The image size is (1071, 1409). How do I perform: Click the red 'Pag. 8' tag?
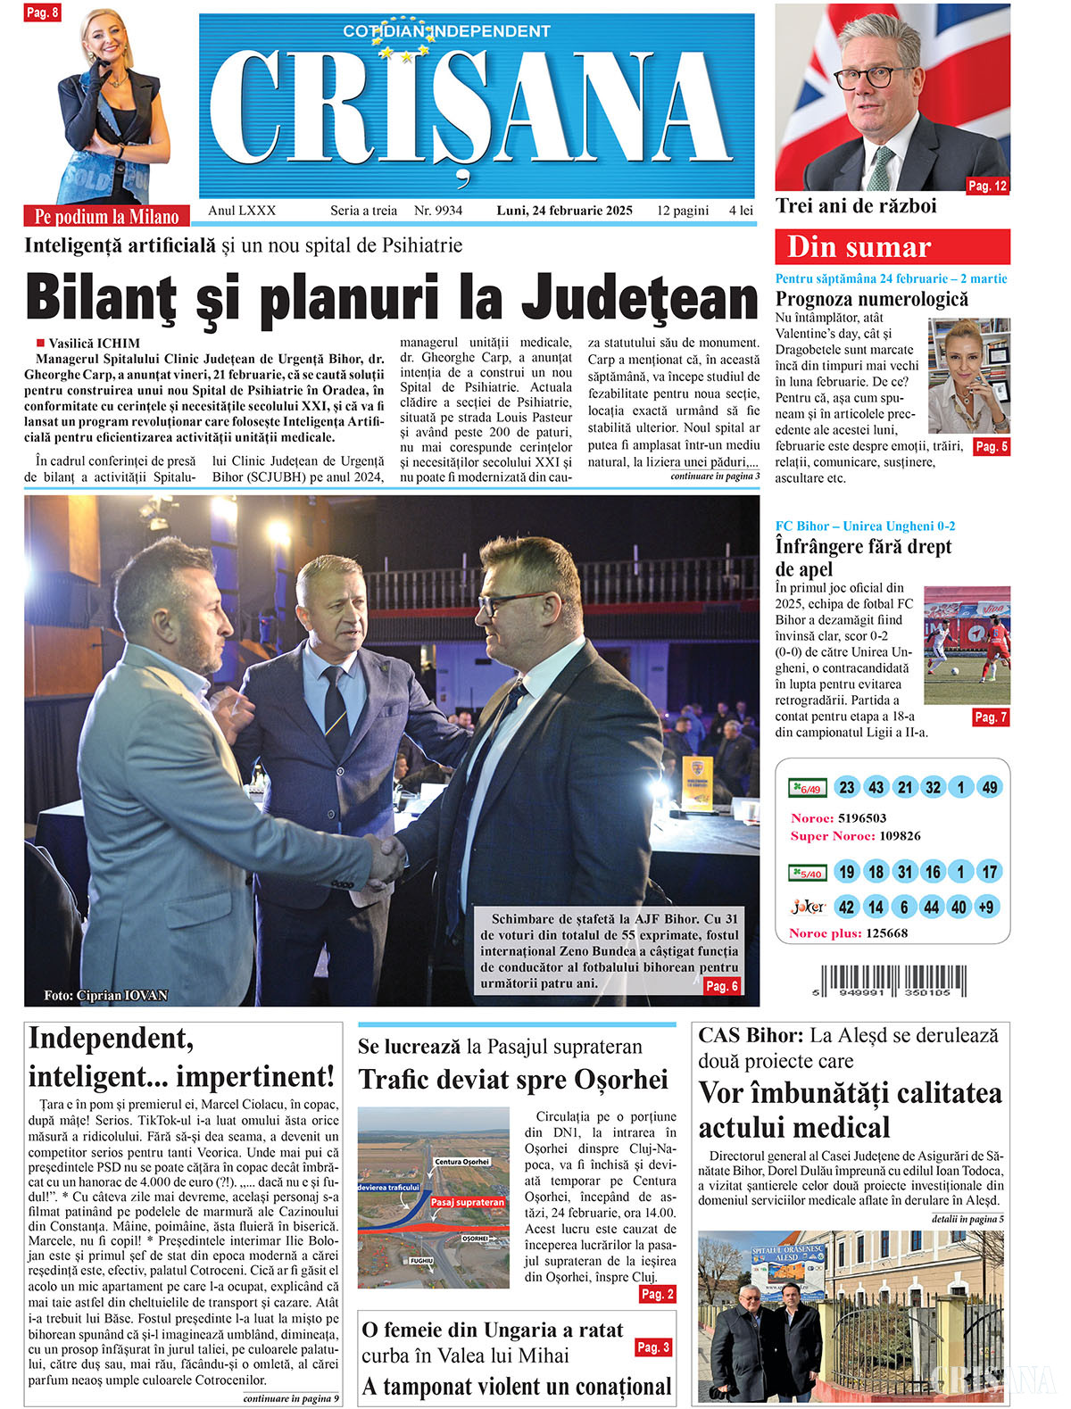coord(42,13)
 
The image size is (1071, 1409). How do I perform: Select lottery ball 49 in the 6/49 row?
coord(989,787)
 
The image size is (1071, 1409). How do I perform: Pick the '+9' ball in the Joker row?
coord(986,908)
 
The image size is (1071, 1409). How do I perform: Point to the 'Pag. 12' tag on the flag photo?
coord(987,186)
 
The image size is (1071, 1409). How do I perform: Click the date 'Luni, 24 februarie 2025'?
coord(564,211)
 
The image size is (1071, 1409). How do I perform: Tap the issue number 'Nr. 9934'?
coord(438,211)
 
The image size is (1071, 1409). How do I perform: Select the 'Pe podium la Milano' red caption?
coord(106,216)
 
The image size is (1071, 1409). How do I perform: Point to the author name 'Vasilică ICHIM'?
coord(94,343)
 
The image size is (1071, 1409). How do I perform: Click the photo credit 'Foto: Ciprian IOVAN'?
coord(105,995)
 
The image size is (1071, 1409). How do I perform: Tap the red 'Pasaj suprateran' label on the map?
coord(468,1202)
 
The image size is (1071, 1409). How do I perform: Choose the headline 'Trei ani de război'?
coord(856,206)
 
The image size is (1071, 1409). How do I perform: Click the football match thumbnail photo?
coord(967,645)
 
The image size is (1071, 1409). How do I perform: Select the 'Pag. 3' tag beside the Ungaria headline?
coord(653,1347)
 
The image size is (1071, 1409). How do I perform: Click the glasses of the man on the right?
coord(511,601)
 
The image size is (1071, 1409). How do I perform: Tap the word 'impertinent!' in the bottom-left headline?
coord(254,1076)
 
